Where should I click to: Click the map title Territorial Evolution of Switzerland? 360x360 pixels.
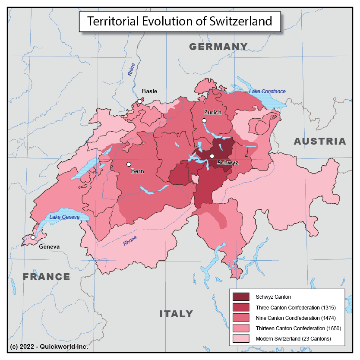pyautogui.click(x=180, y=21)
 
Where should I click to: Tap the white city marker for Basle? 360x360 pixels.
pyautogui.click(x=139, y=101)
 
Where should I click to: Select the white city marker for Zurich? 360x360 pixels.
pyautogui.click(x=204, y=121)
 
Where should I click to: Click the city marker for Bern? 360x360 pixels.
pyautogui.click(x=128, y=164)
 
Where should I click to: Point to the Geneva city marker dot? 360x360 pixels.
pyautogui.click(x=33, y=237)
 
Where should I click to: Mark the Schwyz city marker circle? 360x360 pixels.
pyautogui.click(x=212, y=156)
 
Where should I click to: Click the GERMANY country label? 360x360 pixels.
pyautogui.click(x=218, y=47)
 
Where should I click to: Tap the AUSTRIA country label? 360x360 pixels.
pyautogui.click(x=320, y=141)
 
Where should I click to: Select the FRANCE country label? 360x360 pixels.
pyautogui.click(x=47, y=277)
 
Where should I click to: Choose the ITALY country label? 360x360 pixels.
pyautogui.click(x=176, y=314)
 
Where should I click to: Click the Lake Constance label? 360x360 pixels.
pyautogui.click(x=267, y=92)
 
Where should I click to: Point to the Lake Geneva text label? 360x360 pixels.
pyautogui.click(x=64, y=217)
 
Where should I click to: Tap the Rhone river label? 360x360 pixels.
pyautogui.click(x=130, y=241)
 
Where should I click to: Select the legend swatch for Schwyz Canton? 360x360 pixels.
pyautogui.click(x=241, y=297)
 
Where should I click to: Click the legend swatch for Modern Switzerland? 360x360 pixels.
pyautogui.click(x=241, y=338)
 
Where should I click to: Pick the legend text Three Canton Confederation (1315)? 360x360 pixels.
pyautogui.click(x=296, y=307)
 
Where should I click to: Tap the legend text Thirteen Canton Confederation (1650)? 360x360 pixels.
pyautogui.click(x=298, y=328)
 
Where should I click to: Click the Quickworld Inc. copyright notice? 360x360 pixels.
pyautogui.click(x=49, y=347)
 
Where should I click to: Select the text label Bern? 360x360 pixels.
pyautogui.click(x=137, y=171)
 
